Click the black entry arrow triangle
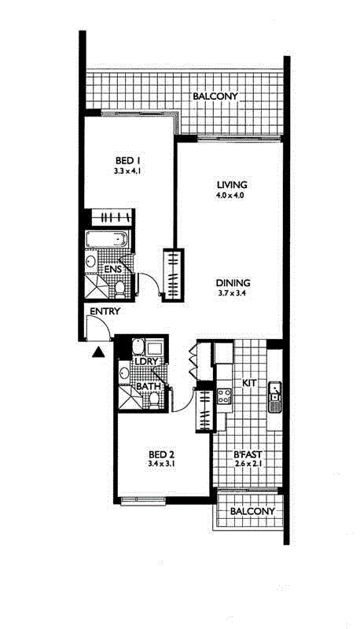98,352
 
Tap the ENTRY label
105,311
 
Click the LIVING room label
232,185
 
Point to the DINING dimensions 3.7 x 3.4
232,292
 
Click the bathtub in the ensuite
107,239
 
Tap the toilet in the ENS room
119,289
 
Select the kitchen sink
274,397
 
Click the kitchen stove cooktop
225,396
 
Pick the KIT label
249,383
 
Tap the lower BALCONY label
252,511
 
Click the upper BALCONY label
215,96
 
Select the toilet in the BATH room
153,399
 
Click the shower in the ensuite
97,288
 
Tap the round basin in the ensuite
91,261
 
